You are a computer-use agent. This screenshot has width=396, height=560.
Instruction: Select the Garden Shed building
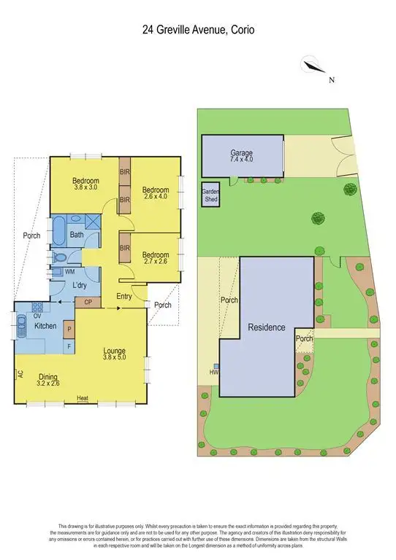click(x=210, y=195)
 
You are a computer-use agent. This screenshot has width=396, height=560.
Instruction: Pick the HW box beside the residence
click(x=215, y=370)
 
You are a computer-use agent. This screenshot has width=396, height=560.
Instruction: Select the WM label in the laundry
click(x=70, y=272)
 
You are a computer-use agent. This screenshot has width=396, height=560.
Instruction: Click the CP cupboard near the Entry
click(x=88, y=301)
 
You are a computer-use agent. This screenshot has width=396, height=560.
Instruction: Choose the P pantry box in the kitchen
click(x=69, y=330)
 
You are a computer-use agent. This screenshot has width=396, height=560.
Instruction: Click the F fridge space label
click(x=69, y=346)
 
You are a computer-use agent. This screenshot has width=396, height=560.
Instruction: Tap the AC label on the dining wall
click(x=19, y=375)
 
